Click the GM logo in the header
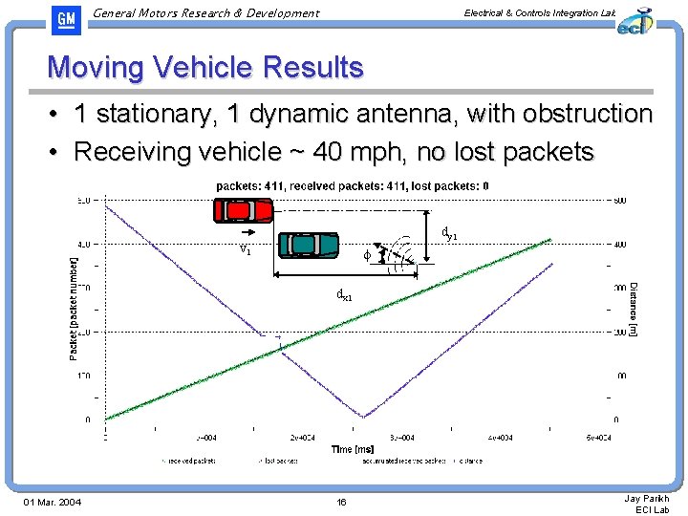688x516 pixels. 67,20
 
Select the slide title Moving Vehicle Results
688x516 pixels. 205,68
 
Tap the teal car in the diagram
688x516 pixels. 309,245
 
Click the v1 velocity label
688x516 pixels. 246,249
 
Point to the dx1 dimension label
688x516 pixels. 344,295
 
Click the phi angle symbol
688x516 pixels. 367,255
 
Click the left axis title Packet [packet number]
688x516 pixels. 74,307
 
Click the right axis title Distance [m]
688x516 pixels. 633,308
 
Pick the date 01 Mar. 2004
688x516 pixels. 53,503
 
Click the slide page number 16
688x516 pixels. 342,503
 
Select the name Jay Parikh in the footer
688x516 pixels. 647,498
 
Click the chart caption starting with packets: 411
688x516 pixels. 353,186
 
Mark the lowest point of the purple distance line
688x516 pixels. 362,417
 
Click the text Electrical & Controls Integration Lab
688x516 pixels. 539,12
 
